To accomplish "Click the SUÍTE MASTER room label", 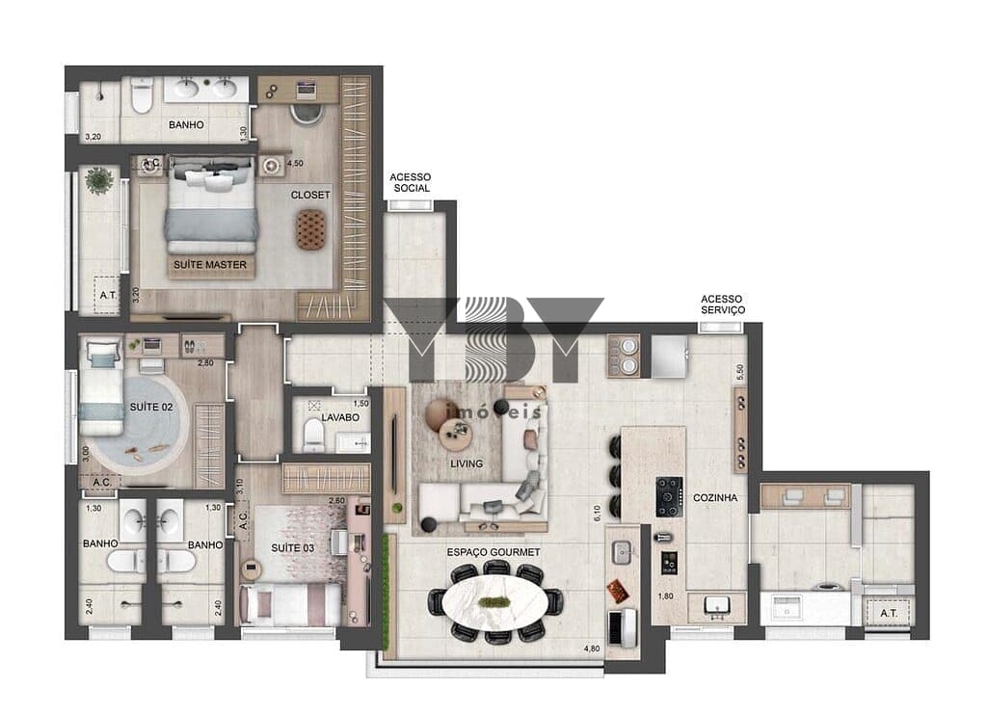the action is click(210, 265).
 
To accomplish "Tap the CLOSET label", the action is click(310, 195).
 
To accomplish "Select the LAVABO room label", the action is click(340, 417).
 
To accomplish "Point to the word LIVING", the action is click(467, 463).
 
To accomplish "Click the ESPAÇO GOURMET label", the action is click(493, 552).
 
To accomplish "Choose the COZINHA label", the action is click(715, 498).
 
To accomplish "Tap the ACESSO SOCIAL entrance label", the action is click(411, 182).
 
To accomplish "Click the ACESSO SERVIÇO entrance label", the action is click(723, 305).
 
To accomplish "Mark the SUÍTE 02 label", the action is click(151, 408).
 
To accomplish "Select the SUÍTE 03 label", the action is click(293, 548).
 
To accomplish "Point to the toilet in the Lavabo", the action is click(313, 436).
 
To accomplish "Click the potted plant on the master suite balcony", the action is click(99, 180).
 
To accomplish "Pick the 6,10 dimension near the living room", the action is click(597, 514).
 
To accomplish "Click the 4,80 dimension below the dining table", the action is click(592, 649).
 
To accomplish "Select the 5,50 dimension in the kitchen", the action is click(740, 372).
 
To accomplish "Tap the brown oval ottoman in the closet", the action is click(311, 229).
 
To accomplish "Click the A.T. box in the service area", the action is click(888, 613).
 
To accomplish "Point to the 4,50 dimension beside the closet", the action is click(295, 163).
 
